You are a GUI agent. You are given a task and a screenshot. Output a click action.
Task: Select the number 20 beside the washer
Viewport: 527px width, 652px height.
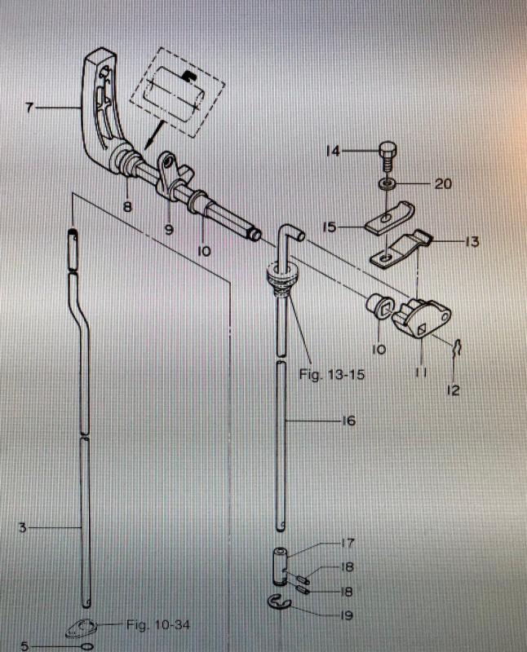tap(442, 184)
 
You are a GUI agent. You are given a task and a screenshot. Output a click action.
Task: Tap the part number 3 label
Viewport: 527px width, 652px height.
tap(23, 528)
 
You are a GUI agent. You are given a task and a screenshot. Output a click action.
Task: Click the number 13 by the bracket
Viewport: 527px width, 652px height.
tap(471, 241)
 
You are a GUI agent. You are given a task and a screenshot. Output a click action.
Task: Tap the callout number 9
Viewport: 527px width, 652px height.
tap(169, 230)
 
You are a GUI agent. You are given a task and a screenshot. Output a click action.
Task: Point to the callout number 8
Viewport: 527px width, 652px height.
tap(127, 207)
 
